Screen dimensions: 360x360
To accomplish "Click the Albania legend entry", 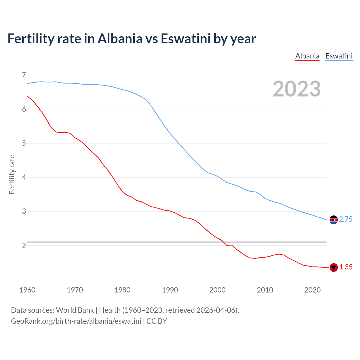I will point(307,56).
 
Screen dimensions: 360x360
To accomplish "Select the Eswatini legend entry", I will point(339,56).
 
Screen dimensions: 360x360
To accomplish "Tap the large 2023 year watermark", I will point(296,89).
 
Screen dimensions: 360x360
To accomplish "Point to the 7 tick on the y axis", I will point(24,75).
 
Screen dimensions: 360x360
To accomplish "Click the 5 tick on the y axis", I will point(24,143).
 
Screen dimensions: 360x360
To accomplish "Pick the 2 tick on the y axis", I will point(24,246).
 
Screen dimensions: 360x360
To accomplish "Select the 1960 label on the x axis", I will point(27,290).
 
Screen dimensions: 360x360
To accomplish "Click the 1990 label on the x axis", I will point(170,290).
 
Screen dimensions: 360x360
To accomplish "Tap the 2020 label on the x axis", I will point(312,290).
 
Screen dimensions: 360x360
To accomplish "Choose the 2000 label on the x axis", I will point(217,290).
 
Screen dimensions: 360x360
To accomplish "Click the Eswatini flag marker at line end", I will point(334,220).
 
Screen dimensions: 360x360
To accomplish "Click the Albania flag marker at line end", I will point(334,267).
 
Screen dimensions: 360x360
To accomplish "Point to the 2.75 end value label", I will point(346,219).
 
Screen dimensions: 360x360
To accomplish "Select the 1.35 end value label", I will point(346,267).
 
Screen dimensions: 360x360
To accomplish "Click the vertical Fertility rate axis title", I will point(12,174).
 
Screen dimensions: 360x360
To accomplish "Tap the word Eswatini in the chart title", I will point(186,39).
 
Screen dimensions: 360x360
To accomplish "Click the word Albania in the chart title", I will point(120,39).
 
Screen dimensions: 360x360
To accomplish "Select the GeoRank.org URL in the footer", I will point(76,321).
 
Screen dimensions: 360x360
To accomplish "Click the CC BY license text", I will point(157,321).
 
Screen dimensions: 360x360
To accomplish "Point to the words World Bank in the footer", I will point(75,310).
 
